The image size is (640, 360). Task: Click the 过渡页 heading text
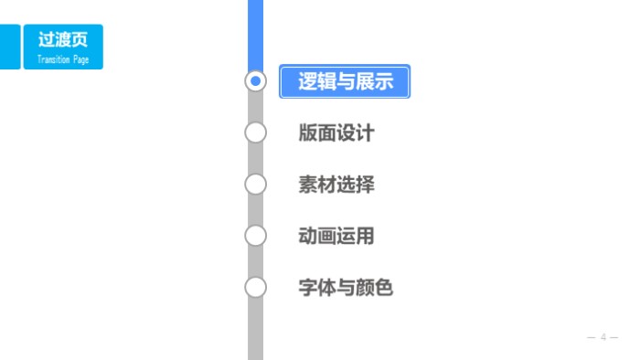point(62,40)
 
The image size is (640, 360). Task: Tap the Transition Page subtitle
point(62,58)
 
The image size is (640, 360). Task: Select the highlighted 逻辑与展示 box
point(345,81)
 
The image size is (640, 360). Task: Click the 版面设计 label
point(336,133)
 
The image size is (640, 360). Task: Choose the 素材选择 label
point(336,185)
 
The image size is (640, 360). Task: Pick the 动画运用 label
point(336,237)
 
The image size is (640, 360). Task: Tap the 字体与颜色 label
point(345,288)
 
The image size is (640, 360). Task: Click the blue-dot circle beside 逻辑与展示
point(256,81)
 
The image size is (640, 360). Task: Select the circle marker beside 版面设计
point(256,133)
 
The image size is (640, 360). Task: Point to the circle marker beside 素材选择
point(256,185)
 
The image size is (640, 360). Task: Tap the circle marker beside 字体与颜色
point(256,288)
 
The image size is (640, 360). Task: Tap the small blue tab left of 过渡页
point(9,47)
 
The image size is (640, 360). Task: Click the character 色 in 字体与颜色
point(383,288)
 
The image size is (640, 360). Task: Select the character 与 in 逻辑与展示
point(346,81)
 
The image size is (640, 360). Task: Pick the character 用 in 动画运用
point(364,237)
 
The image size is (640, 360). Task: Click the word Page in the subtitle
point(77,58)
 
